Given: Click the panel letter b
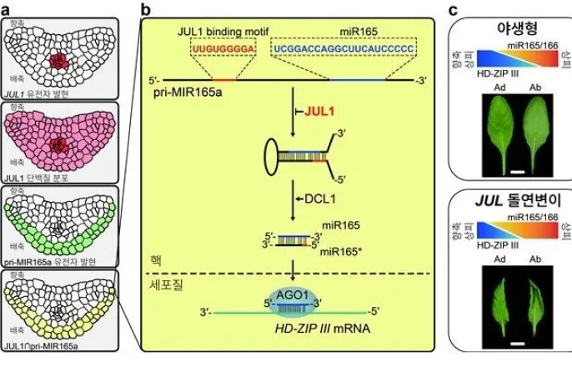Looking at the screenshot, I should click(x=146, y=8).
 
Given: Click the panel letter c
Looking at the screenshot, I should click(x=454, y=8).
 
